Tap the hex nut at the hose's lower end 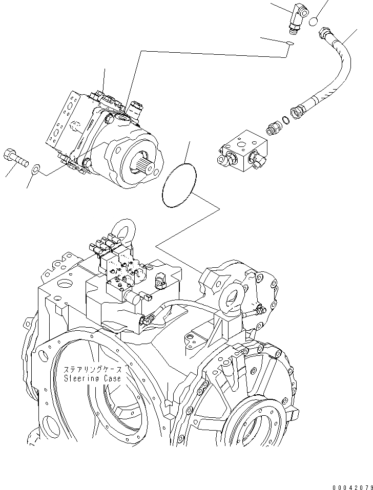(297, 110)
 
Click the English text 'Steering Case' (93, 378)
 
